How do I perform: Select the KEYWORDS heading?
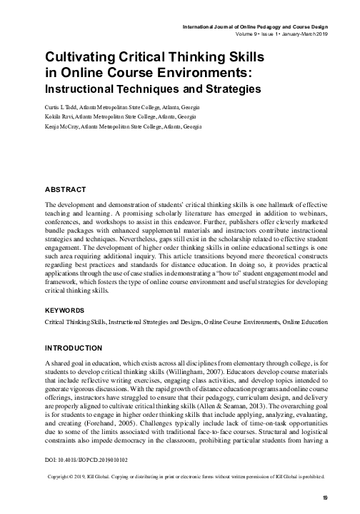point(68,311)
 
